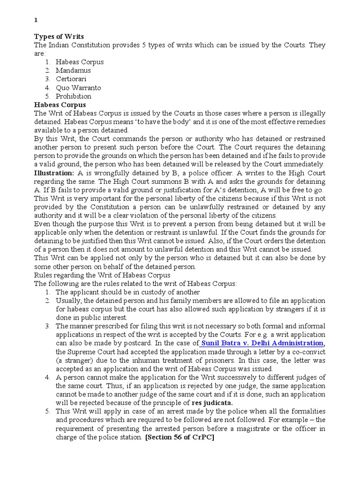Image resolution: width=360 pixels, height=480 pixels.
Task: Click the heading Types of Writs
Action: coord(59,37)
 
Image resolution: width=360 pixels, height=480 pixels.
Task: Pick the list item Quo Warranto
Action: coord(78,88)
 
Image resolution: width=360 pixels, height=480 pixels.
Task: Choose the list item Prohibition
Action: coord(74,96)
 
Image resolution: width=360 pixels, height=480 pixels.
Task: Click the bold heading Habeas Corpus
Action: coord(60,105)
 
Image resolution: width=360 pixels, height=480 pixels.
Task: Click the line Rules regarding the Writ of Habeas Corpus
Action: coord(103,275)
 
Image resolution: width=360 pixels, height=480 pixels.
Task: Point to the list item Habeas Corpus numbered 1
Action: coord(80,62)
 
